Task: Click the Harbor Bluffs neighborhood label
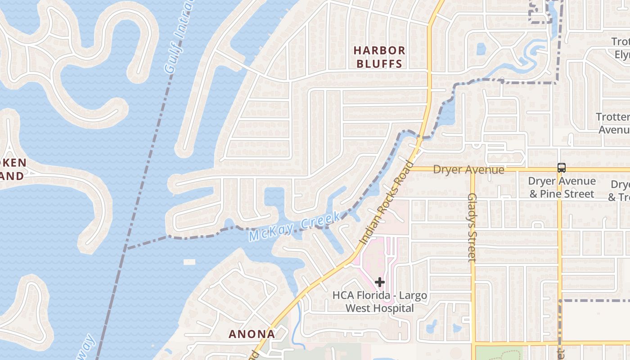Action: [x=379, y=57]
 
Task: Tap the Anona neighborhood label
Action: [x=252, y=334]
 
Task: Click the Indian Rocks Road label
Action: [x=386, y=203]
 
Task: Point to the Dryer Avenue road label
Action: [x=468, y=170]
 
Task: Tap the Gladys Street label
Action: [x=472, y=227]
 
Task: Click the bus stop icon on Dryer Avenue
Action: [x=561, y=168]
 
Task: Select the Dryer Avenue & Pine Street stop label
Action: [x=562, y=187]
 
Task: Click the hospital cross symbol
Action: [x=380, y=282]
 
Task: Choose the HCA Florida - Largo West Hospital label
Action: [x=379, y=302]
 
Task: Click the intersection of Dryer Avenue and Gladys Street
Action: [x=472, y=170]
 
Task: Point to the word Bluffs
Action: [x=379, y=63]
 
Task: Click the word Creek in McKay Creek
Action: [x=320, y=221]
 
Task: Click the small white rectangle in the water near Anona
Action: [x=189, y=262]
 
